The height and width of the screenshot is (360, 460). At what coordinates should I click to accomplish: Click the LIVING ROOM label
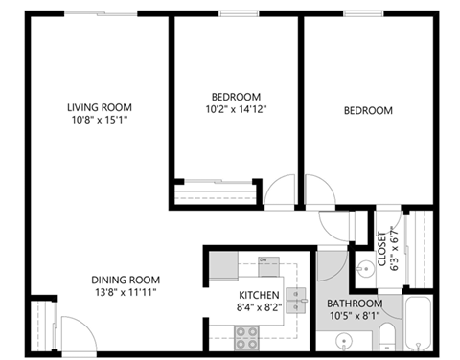pyautogui.click(x=99, y=107)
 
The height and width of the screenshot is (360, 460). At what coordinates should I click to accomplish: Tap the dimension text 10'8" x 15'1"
pyautogui.click(x=99, y=121)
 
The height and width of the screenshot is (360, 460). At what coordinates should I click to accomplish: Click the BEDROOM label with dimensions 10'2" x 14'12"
pyautogui.click(x=237, y=97)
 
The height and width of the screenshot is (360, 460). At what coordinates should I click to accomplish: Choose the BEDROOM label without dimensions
pyautogui.click(x=368, y=111)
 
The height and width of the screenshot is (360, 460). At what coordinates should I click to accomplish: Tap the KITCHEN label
pyautogui.click(x=259, y=295)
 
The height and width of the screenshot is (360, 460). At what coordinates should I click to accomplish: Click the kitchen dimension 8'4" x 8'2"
pyautogui.click(x=259, y=308)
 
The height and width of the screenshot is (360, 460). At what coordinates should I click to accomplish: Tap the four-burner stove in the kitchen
pyautogui.click(x=247, y=335)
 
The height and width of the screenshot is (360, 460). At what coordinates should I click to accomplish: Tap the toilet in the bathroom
pyautogui.click(x=385, y=336)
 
